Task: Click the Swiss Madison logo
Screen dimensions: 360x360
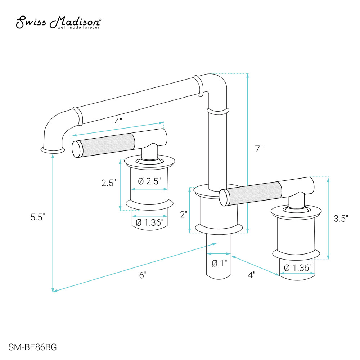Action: [x=58, y=22]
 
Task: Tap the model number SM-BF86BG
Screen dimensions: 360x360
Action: [x=33, y=347]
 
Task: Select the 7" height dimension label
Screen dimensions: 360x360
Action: [x=259, y=149]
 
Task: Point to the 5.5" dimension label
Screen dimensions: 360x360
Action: [x=38, y=217]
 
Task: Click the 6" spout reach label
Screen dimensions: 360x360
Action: [x=143, y=275]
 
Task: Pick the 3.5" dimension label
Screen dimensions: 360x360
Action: [x=341, y=219]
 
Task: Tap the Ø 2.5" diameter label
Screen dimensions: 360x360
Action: [x=149, y=181]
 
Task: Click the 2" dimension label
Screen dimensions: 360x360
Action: [x=184, y=215]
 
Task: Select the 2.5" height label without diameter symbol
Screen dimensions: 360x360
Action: [x=109, y=183]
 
